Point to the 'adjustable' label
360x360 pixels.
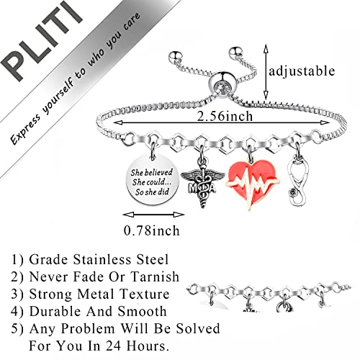click(x=301, y=71)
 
